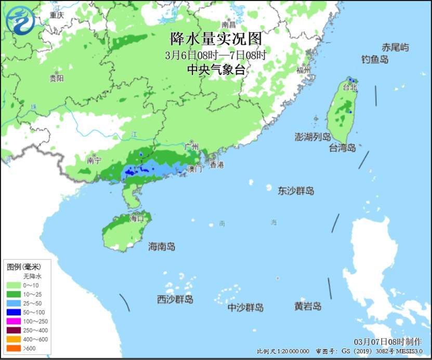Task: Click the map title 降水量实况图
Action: coord(216,39)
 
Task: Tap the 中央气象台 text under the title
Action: coord(216,70)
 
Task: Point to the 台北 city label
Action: coord(350,87)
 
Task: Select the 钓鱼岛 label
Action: coord(375,60)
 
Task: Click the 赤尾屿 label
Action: coord(395,47)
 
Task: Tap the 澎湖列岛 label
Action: coord(312,137)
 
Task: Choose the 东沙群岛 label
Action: coord(296,191)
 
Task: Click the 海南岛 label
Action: coord(162,246)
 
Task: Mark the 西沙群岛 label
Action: coord(175,299)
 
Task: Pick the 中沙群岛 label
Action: coord(245,308)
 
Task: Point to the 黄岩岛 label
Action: coord(307,306)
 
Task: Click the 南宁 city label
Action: coord(94,161)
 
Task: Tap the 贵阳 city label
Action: coord(57,78)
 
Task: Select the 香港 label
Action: coord(216,165)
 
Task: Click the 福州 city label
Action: coord(303,70)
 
